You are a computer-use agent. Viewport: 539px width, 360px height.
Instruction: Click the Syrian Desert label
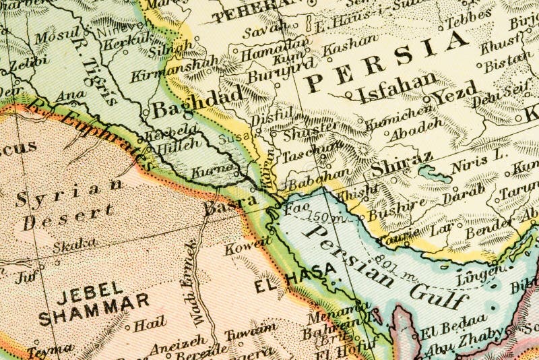64,202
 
